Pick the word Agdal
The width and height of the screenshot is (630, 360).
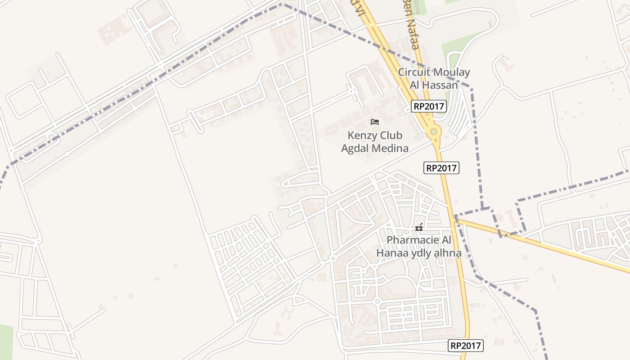355,148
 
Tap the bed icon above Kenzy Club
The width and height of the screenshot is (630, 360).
375,121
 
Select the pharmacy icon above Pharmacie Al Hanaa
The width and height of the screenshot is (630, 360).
419,228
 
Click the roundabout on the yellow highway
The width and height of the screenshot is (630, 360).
433,131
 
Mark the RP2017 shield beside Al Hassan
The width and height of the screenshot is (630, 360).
428,107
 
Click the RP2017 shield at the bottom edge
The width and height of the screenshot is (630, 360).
466,346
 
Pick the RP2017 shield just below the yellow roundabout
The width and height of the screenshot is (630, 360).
441,168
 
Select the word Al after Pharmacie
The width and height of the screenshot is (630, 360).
443,240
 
